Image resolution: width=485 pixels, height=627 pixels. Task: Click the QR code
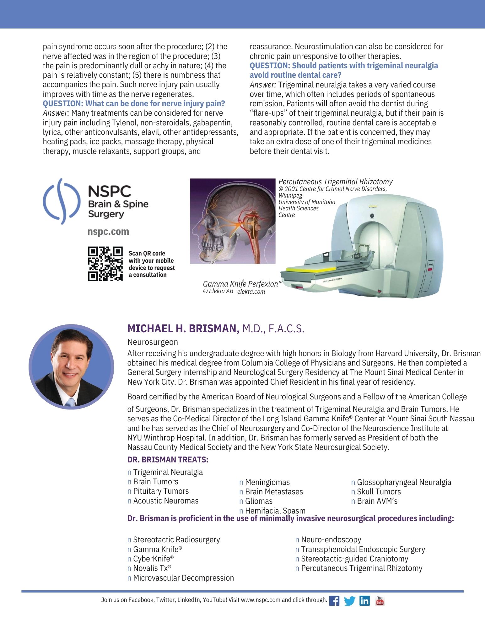105,264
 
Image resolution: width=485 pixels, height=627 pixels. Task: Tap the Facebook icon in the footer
334,601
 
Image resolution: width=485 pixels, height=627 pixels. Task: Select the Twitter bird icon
349,601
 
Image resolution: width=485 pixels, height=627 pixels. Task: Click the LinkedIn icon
364,601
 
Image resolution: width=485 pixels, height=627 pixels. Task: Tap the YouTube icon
380,600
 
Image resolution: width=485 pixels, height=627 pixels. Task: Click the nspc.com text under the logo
108,232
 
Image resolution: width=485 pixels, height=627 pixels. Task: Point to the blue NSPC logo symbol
61,201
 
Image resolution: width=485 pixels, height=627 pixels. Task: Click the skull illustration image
233,221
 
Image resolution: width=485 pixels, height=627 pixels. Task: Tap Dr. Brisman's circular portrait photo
71,366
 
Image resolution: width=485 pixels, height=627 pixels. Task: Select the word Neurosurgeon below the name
153,342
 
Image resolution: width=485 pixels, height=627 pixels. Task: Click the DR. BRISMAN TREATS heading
168,460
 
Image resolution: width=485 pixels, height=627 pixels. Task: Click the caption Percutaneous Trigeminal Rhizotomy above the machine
335,182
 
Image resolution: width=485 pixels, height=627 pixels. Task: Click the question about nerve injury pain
134,103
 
